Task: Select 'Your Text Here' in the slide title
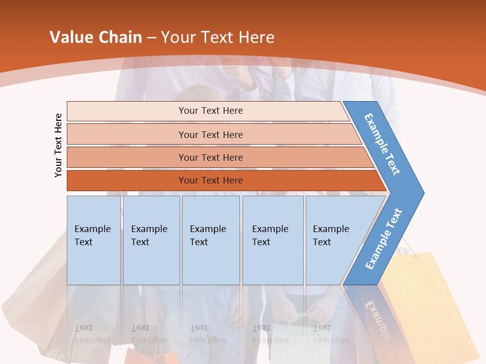click(x=218, y=37)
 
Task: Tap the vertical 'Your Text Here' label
click(x=58, y=145)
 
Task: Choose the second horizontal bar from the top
click(x=211, y=134)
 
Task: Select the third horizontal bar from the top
click(x=211, y=157)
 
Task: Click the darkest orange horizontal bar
click(x=211, y=180)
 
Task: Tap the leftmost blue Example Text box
click(x=94, y=240)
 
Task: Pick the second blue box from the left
click(x=151, y=240)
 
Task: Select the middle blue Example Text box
click(x=211, y=240)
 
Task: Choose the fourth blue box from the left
click(x=273, y=240)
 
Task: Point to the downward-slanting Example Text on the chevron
click(x=382, y=144)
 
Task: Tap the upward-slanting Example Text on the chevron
click(x=384, y=239)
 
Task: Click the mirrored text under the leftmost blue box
click(x=93, y=334)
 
